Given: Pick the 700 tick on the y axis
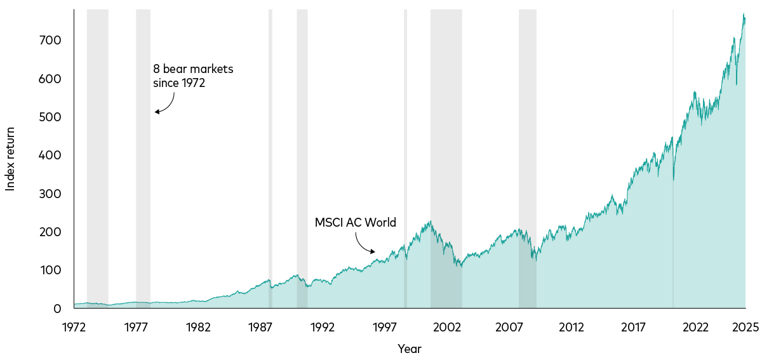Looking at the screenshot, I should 51,41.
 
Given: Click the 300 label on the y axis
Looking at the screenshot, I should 51,194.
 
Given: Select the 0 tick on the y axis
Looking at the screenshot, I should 57,309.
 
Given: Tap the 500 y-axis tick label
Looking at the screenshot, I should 51,117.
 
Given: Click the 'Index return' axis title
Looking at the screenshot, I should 10,159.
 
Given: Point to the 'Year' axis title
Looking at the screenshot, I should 410,349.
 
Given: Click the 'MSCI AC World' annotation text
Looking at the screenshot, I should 356,223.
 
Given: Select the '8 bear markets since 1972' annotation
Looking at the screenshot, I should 192,76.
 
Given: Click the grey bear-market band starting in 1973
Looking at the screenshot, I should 97,159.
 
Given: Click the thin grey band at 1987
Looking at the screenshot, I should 271,159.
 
